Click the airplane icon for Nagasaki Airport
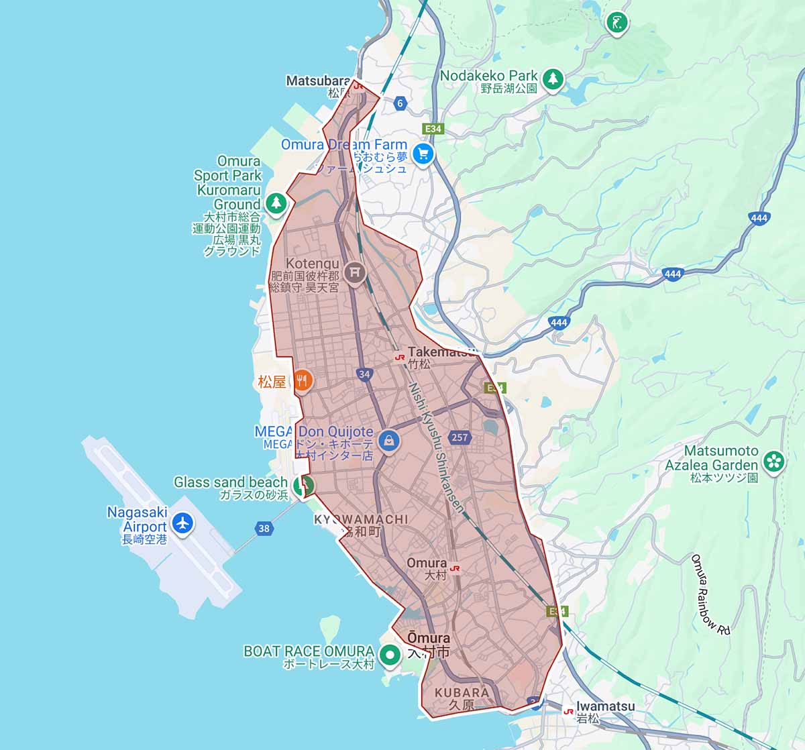tap(182, 522)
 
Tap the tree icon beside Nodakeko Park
tap(553, 78)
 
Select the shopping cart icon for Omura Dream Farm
tap(423, 154)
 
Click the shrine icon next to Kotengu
tap(355, 272)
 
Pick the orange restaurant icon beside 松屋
tap(303, 381)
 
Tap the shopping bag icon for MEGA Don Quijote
tap(388, 441)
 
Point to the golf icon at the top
tap(616, 22)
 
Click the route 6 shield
tap(400, 103)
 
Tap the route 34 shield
tap(364, 374)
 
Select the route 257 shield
tap(460, 437)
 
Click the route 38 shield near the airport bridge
tap(264, 528)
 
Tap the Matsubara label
tap(318, 81)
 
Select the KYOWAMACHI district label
tap(360, 519)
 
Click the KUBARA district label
tap(462, 692)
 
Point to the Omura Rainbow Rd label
tap(710, 594)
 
